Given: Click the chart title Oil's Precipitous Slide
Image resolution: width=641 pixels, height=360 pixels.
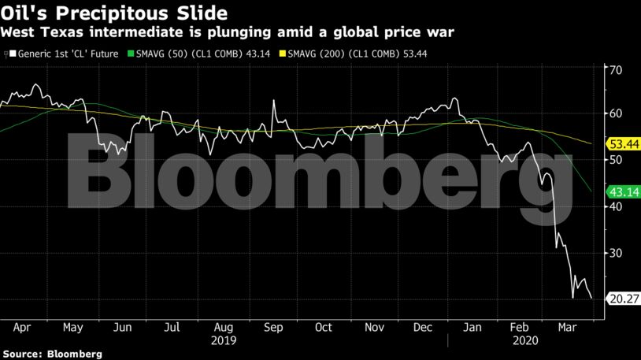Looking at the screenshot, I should tap(115, 13).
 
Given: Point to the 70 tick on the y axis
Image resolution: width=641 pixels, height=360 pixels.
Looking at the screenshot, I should tap(617, 69).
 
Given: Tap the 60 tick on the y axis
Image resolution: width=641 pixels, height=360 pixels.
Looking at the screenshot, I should tap(617, 113).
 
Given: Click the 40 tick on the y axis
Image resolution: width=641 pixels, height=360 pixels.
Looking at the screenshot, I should tap(617, 206).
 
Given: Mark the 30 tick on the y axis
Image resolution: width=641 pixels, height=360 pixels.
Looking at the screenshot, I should tap(617, 253).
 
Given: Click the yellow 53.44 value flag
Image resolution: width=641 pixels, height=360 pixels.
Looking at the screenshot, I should tap(622, 144).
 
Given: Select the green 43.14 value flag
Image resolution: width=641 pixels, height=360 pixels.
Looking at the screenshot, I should tap(622, 191).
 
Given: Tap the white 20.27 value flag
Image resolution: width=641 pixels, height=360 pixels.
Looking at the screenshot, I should tap(622, 299).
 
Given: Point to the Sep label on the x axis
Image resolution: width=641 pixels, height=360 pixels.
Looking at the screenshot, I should tap(274, 327).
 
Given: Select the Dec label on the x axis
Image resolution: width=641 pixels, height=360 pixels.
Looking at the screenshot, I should tap(422, 327).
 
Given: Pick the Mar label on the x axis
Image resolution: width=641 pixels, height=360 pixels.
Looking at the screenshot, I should tap(565, 327).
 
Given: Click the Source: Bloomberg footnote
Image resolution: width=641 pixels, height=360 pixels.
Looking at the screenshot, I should tap(52, 354).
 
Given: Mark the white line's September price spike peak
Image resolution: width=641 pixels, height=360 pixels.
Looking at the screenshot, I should tap(273, 101).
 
